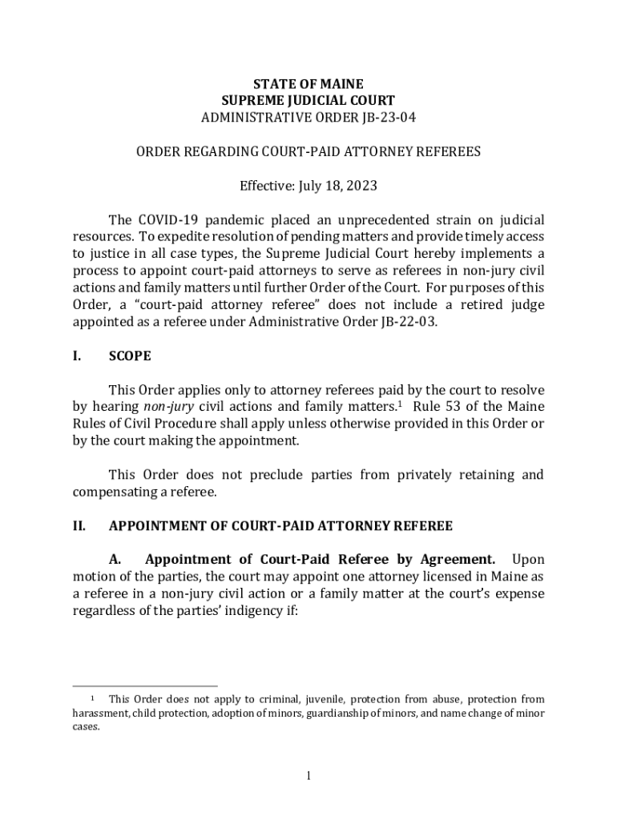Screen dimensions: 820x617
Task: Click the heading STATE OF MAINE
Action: coord(308,84)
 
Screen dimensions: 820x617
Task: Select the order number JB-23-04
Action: coord(385,118)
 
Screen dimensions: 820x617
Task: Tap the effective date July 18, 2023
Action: coord(329,186)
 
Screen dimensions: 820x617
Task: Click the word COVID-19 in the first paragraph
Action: coord(167,219)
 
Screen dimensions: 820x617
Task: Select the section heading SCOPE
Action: coord(130,356)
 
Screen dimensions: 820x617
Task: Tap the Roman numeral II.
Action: coord(79,526)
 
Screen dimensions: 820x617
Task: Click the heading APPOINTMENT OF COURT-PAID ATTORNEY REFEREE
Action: coord(280,526)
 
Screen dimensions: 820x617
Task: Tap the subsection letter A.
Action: coord(115,560)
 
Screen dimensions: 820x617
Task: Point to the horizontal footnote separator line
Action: coord(145,686)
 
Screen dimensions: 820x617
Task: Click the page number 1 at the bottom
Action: coord(308,776)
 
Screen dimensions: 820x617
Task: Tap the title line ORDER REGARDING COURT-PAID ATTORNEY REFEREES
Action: coord(308,151)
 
